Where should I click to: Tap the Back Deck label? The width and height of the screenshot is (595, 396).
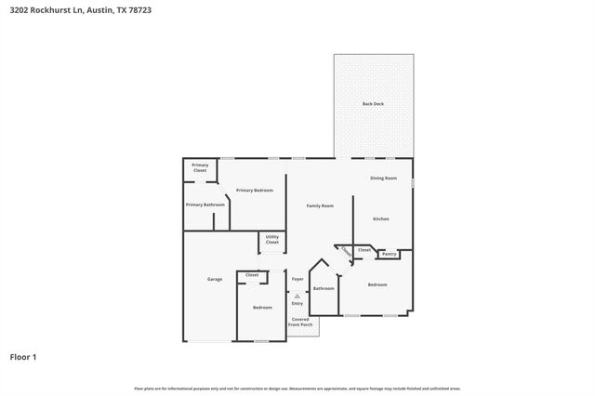(373, 103)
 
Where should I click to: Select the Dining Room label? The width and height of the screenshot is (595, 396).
(383, 178)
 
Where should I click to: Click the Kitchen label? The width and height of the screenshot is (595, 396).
(381, 218)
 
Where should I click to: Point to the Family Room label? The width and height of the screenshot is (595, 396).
(320, 205)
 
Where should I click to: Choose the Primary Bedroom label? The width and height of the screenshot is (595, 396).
(254, 190)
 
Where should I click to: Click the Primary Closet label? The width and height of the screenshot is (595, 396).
(200, 168)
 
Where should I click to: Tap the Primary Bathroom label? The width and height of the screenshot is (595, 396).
(205, 205)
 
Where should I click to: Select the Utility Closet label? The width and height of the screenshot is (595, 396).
(272, 240)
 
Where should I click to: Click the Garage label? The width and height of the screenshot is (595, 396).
(214, 279)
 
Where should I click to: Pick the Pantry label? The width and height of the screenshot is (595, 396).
(390, 254)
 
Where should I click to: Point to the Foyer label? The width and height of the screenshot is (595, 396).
(297, 279)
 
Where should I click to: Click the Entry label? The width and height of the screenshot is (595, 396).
(297, 303)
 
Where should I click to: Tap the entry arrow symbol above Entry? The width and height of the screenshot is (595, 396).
(297, 296)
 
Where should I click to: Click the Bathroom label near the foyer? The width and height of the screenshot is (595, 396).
(324, 288)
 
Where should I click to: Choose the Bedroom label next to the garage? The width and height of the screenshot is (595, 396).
(262, 307)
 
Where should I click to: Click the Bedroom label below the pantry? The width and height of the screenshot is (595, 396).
(377, 284)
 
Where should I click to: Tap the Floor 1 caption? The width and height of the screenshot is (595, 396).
(23, 356)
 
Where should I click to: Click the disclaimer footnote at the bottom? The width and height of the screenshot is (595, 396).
(297, 388)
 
